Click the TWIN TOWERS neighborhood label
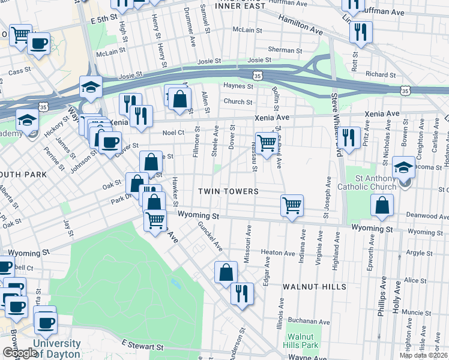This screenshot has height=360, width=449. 229,191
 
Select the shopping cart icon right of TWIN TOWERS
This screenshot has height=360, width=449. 292,206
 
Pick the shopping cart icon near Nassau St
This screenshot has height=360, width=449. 267,143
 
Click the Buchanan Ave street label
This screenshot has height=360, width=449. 309,322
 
